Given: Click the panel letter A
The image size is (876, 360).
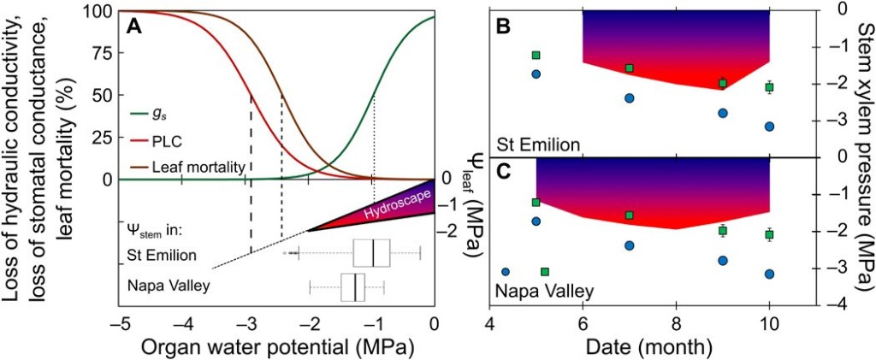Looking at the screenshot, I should [x=133, y=26].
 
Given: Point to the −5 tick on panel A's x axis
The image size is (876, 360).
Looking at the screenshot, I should [x=121, y=325].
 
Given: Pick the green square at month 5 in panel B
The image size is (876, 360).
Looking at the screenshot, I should [x=536, y=56].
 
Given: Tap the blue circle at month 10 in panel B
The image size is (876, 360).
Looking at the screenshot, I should [x=769, y=127].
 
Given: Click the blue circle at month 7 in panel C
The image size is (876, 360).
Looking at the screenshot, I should [x=630, y=245].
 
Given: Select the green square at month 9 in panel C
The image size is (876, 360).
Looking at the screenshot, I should [x=723, y=231].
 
